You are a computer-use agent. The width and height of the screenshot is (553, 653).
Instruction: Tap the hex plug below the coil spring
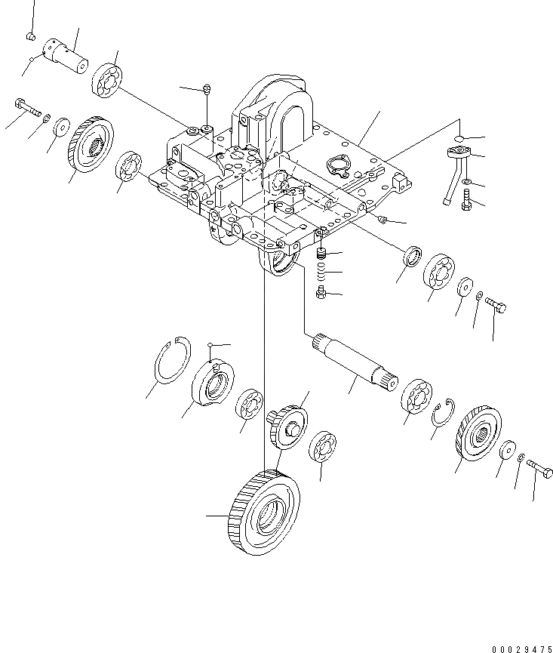click(x=321, y=292)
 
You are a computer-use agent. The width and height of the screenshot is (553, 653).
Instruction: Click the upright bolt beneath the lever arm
click(x=465, y=201)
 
